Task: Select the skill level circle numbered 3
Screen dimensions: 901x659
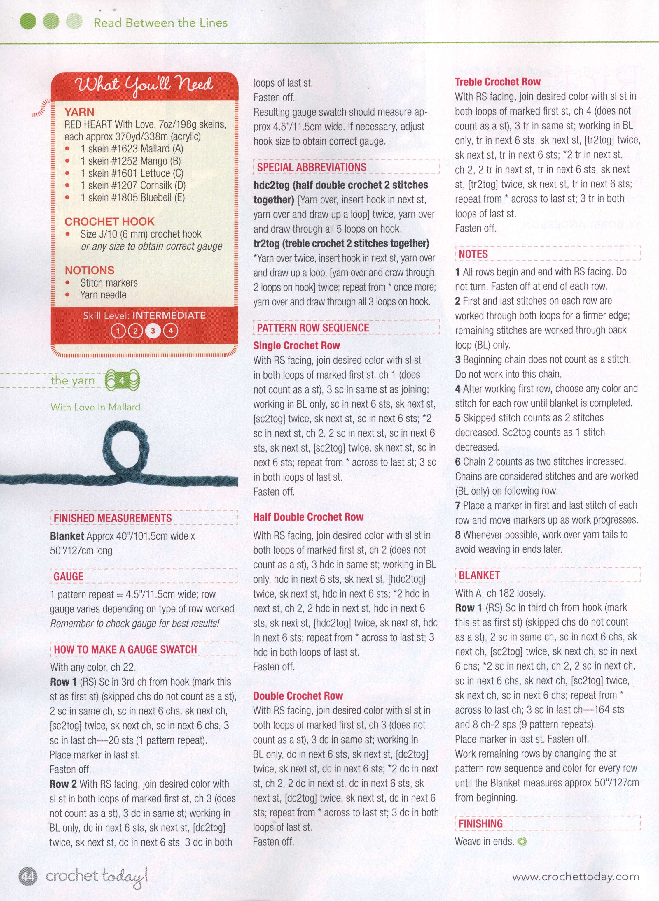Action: point(152,331)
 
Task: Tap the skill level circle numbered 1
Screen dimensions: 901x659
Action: point(118,331)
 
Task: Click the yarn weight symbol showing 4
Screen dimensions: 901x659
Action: point(122,381)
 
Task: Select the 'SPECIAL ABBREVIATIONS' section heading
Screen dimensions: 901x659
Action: point(311,167)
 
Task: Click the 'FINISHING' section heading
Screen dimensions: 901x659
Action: point(480,823)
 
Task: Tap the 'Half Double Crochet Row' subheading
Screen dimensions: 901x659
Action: point(308,517)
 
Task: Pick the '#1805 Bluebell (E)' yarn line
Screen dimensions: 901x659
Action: point(132,198)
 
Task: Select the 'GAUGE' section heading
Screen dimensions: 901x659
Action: point(69,577)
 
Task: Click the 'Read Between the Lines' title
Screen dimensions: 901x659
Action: point(160,23)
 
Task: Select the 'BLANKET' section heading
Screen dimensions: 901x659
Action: point(479,575)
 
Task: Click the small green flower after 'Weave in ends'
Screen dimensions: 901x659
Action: point(522,842)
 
